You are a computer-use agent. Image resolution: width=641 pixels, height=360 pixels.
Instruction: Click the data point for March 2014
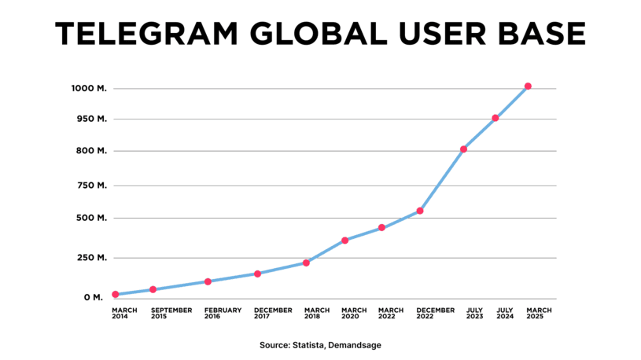pyautogui.click(x=116, y=295)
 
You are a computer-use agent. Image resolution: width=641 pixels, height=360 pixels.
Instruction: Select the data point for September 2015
pyautogui.click(x=153, y=290)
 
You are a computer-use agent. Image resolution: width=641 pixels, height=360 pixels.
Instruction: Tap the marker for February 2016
pyautogui.click(x=208, y=281)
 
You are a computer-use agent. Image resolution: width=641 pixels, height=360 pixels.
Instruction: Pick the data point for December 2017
pyautogui.click(x=257, y=274)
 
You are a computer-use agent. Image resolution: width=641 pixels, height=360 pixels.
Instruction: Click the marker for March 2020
pyautogui.click(x=344, y=241)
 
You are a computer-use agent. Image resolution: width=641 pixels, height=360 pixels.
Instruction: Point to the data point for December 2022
pyautogui.click(x=420, y=211)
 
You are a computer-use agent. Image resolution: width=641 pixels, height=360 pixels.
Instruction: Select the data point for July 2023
pyautogui.click(x=464, y=149)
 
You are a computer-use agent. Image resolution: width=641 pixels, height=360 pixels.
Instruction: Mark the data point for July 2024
pyautogui.click(x=495, y=118)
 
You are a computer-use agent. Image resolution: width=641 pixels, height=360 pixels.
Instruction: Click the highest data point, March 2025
pyautogui.click(x=528, y=86)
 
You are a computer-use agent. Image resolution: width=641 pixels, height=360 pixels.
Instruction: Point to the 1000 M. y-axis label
pyautogui.click(x=88, y=88)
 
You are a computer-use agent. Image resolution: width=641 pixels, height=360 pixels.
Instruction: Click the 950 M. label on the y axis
pyautogui.click(x=90, y=119)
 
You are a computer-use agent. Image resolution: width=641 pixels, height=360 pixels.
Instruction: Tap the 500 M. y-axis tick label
pyautogui.click(x=90, y=218)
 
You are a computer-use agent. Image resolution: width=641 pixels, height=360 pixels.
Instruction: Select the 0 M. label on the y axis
pyautogui.click(x=94, y=298)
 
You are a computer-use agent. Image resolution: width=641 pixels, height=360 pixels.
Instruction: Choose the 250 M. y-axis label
pyautogui.click(x=90, y=258)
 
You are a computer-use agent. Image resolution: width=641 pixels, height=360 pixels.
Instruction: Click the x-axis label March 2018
pyautogui.click(x=317, y=314)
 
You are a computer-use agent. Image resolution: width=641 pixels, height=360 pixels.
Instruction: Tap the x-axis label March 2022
pyautogui.click(x=391, y=314)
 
